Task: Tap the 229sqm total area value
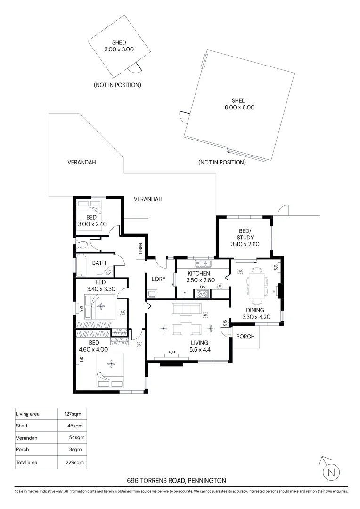pyautogui.click(x=75, y=462)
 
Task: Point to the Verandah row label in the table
pyautogui.click(x=27, y=438)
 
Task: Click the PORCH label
pyautogui.click(x=245, y=337)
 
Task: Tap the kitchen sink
pyautogui.click(x=203, y=263)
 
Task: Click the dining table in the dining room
pyautogui.click(x=257, y=286)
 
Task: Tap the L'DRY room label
pyautogui.click(x=158, y=279)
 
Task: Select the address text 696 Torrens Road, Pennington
pyautogui.click(x=176, y=481)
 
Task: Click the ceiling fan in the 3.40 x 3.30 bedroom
pyautogui.click(x=100, y=306)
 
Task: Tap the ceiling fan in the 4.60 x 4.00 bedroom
pyautogui.click(x=111, y=363)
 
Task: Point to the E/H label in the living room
pyautogui.click(x=172, y=353)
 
